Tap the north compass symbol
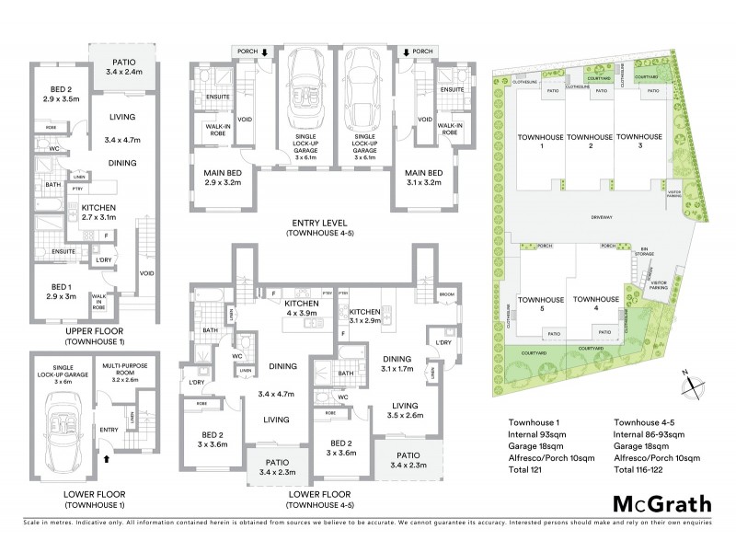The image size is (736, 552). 694,378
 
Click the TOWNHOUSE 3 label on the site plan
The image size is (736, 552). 633,142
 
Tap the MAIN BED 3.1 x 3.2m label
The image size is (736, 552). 423,178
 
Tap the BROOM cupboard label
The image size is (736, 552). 447,294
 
